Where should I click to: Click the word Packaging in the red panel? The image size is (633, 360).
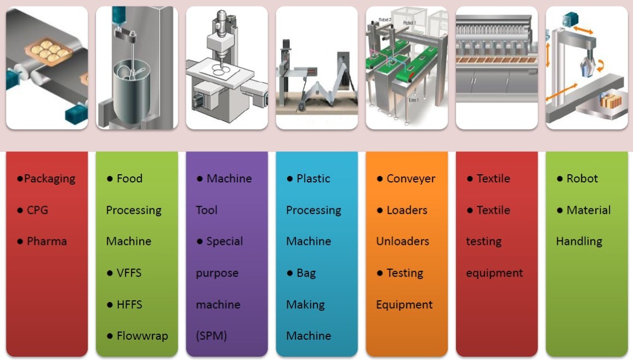click(49, 179)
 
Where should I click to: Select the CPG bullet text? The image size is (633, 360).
click(37, 210)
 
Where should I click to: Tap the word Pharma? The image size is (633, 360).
click(47, 241)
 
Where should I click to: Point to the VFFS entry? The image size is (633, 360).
click(129, 273)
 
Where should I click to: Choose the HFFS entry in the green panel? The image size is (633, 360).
click(129, 304)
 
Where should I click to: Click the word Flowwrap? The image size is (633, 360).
click(142, 336)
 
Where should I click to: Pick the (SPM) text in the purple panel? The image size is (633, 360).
click(212, 336)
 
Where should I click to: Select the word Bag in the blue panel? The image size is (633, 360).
click(306, 273)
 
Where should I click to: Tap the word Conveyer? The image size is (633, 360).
click(410, 179)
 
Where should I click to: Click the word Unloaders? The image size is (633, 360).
click(403, 241)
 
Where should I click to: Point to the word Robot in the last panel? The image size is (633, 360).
click(582, 179)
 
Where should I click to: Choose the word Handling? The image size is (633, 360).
click(579, 241)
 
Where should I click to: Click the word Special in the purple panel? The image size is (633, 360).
click(225, 241)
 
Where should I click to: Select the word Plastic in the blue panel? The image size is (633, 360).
click(313, 179)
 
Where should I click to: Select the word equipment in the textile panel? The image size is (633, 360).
click(494, 273)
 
